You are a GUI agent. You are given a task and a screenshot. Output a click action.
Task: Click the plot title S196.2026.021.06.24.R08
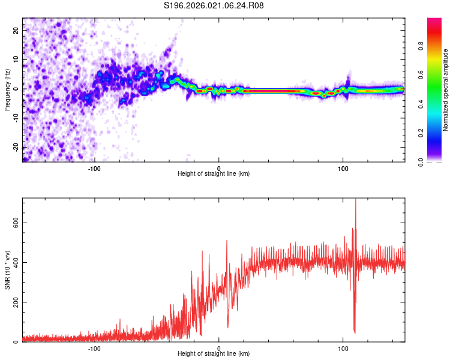(214, 5)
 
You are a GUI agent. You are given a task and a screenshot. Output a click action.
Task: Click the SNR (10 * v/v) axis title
(7, 270)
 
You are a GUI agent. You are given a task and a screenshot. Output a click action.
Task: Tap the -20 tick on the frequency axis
(16, 147)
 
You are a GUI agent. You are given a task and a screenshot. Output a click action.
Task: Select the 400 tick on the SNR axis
(16, 262)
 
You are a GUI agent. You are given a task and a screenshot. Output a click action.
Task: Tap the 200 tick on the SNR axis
(16, 302)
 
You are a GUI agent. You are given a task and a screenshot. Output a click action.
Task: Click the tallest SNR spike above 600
(356, 201)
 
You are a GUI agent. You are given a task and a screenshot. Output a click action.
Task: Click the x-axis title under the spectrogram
(214, 174)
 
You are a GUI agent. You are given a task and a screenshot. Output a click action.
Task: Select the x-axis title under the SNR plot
(214, 355)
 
